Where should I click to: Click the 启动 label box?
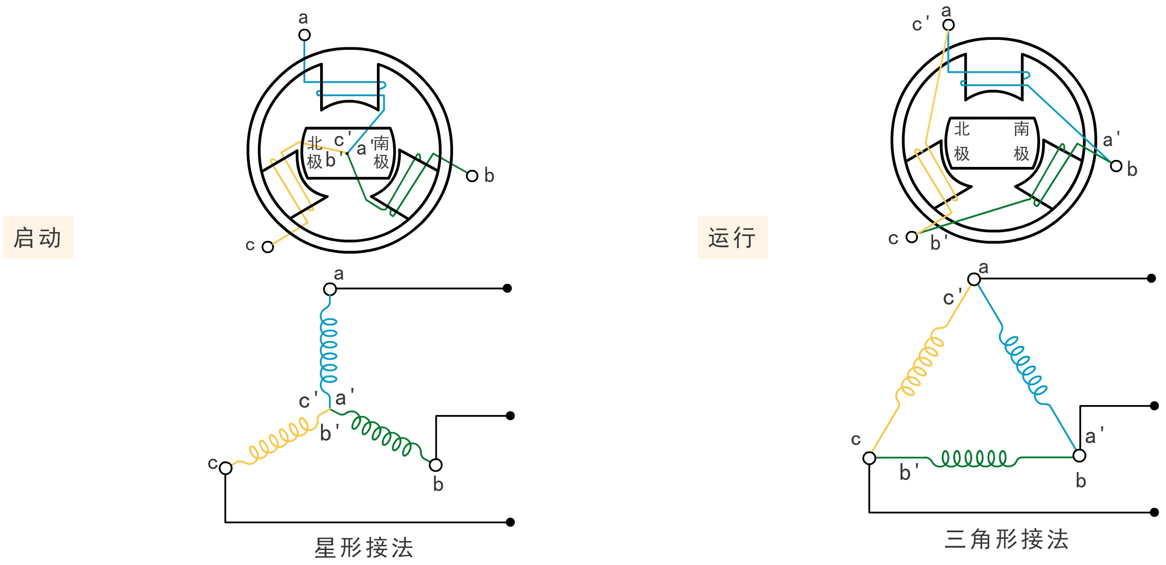(38, 237)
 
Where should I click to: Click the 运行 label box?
(732, 237)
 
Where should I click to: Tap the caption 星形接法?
(364, 548)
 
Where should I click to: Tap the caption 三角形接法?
(1007, 539)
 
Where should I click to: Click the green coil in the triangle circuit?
(973, 458)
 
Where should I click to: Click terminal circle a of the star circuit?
(330, 289)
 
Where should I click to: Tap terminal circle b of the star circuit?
(436, 465)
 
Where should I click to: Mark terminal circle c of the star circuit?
(226, 468)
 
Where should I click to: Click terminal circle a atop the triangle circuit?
(974, 279)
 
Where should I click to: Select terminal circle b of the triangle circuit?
(1079, 455)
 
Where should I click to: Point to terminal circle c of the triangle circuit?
(869, 458)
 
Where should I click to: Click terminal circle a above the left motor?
(304, 35)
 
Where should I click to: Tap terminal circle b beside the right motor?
(1116, 166)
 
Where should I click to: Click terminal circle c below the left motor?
(268, 247)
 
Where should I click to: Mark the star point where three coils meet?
(330, 410)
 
